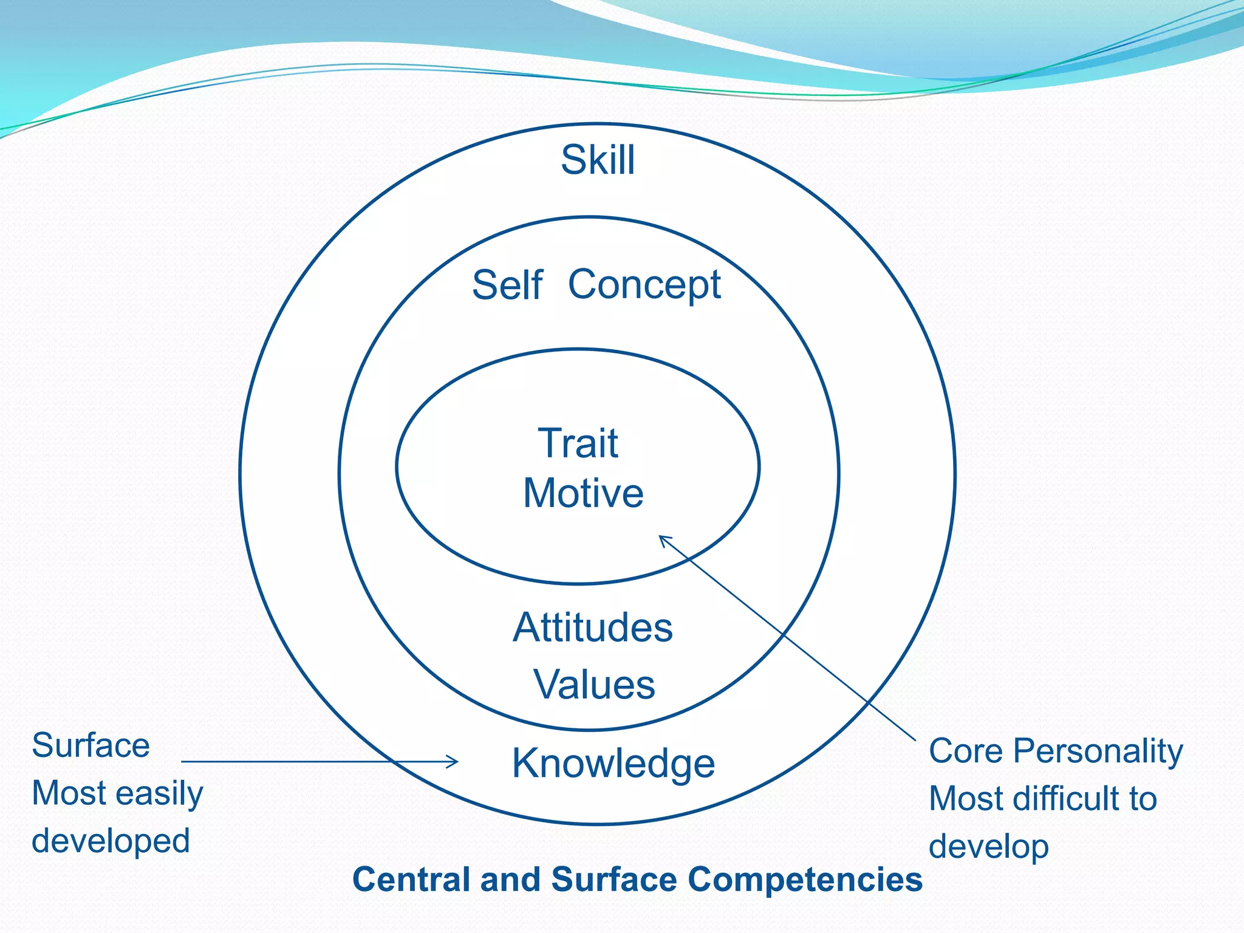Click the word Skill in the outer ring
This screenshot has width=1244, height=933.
(598, 160)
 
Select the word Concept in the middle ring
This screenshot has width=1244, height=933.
(644, 284)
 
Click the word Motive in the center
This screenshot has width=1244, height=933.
(583, 493)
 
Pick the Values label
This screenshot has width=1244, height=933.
(594, 685)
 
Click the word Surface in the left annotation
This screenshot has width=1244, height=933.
(91, 745)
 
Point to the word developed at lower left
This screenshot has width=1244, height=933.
(111, 841)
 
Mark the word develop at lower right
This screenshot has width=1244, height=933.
(988, 847)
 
